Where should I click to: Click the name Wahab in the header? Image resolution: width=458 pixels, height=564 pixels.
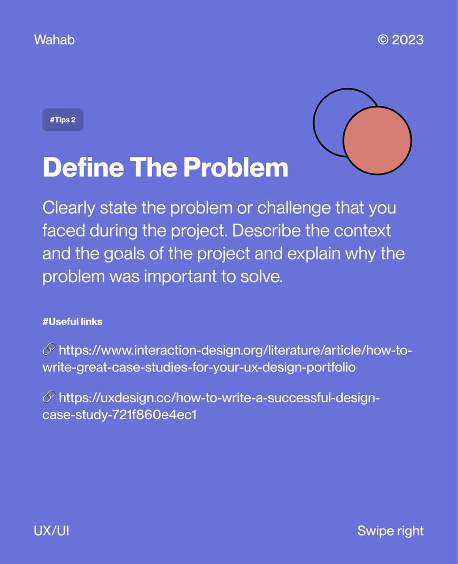(54, 40)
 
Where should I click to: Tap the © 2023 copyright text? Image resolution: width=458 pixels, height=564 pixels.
(400, 40)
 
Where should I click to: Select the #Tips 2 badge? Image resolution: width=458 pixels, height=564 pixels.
(62, 120)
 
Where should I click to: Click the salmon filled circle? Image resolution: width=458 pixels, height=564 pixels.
(377, 140)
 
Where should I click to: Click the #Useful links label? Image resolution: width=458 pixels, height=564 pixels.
(72, 322)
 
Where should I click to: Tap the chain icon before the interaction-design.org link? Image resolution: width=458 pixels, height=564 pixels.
(49, 350)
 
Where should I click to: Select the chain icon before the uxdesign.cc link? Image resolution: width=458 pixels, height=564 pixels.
(49, 398)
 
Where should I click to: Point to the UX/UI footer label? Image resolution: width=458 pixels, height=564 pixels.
(52, 531)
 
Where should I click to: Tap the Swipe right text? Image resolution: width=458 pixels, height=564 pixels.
(390, 531)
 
